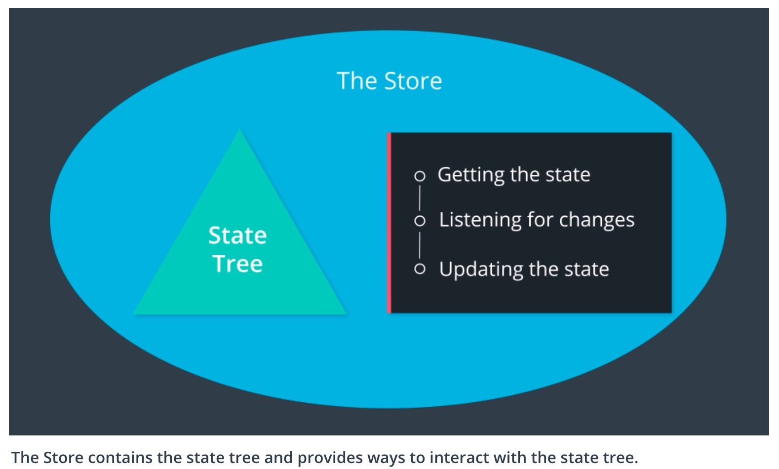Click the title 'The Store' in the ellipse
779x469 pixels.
(x=389, y=81)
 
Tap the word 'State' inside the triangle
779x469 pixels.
(x=237, y=235)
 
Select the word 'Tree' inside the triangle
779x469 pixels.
(x=237, y=264)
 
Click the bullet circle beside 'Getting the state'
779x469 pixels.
(x=420, y=176)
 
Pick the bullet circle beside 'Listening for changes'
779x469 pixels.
(x=420, y=221)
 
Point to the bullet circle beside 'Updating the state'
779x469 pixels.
(x=420, y=269)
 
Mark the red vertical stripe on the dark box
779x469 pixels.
(x=389, y=223)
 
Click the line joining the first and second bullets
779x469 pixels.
(x=420, y=197)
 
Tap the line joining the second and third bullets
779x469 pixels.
(x=420, y=245)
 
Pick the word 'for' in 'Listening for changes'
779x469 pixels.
(x=540, y=220)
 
